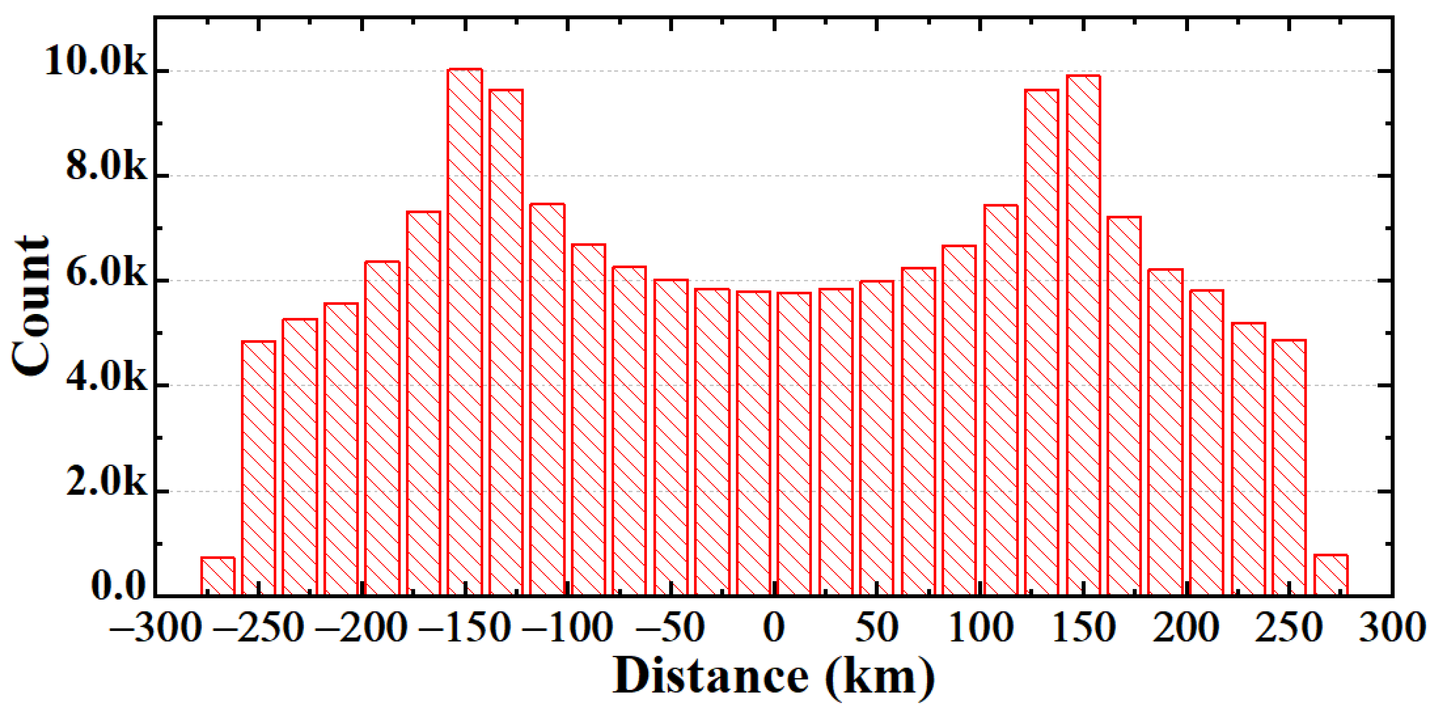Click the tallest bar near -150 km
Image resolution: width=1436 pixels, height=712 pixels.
pos(464,332)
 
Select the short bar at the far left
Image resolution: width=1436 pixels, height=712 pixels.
pos(218,576)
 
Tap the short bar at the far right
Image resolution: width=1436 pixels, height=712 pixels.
pos(1331,575)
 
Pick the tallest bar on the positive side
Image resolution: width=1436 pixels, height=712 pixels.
pos(1082,335)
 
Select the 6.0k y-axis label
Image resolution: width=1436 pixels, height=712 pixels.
pos(106,273)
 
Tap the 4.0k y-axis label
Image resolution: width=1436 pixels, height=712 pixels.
pos(106,378)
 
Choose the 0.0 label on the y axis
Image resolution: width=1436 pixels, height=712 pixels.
pos(118,587)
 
